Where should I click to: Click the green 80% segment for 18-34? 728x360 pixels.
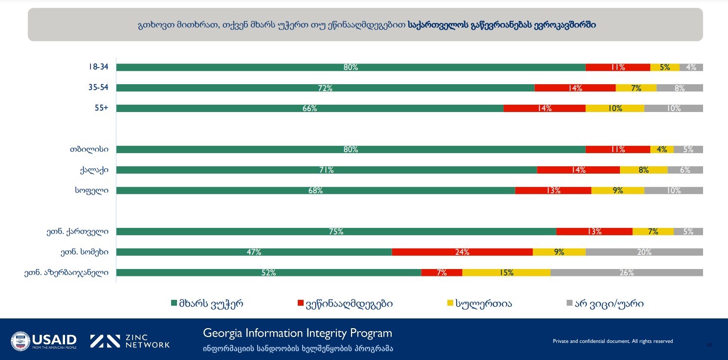(351, 67)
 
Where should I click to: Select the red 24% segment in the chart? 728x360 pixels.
(462, 252)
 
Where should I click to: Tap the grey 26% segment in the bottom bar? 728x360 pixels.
(626, 272)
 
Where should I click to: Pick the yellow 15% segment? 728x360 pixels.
(506, 272)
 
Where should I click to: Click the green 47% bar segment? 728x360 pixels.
(254, 252)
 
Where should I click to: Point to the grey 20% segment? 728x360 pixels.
(644, 252)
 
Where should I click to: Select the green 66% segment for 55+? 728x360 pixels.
(309, 109)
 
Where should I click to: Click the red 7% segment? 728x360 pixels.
(441, 272)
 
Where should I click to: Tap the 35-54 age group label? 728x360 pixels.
(98, 88)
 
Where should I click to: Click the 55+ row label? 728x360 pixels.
(102, 108)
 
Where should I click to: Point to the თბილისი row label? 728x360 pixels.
(89, 149)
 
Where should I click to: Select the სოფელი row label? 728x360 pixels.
(88, 190)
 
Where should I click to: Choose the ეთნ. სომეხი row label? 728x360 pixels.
(81, 252)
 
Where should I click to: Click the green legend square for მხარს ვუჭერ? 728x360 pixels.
(174, 304)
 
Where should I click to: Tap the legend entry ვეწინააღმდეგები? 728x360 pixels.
(348, 304)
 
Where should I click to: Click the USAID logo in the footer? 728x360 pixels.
(44, 340)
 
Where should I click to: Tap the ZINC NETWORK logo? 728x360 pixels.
(130, 341)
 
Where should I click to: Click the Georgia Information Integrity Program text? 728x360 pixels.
(297, 333)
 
